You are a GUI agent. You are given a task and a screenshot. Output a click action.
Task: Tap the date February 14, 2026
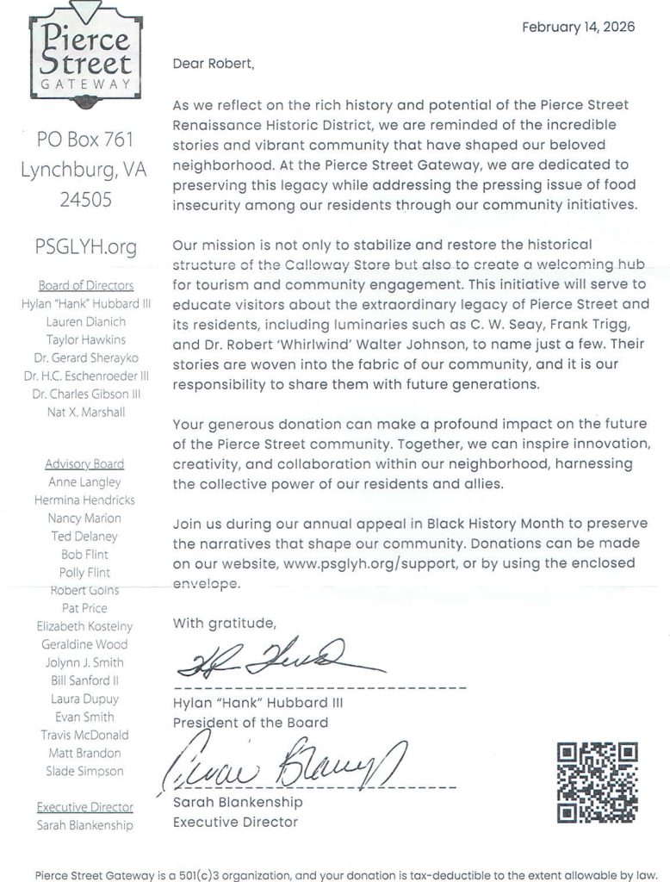coord(578,27)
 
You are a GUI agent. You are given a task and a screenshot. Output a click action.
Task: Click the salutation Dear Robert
coord(214,63)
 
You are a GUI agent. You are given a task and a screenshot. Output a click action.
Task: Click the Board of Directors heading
coord(85,286)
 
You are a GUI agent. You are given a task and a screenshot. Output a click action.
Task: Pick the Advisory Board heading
coord(84,464)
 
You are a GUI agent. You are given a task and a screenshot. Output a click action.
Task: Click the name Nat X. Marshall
coord(85,413)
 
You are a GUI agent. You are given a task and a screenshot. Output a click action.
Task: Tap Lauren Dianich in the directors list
coord(85,322)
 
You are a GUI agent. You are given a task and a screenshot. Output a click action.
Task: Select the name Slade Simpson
coord(84,771)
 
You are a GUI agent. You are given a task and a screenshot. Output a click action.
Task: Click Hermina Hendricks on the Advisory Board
coord(84,500)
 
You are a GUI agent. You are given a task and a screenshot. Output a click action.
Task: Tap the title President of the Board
coord(250,723)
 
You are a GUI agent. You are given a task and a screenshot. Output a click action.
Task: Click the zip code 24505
coord(84,200)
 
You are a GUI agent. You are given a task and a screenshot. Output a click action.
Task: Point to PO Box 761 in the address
coord(84,139)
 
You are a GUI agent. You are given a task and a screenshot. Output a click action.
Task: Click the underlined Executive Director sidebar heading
coord(84,807)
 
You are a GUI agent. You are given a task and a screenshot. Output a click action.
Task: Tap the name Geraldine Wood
coord(84,644)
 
